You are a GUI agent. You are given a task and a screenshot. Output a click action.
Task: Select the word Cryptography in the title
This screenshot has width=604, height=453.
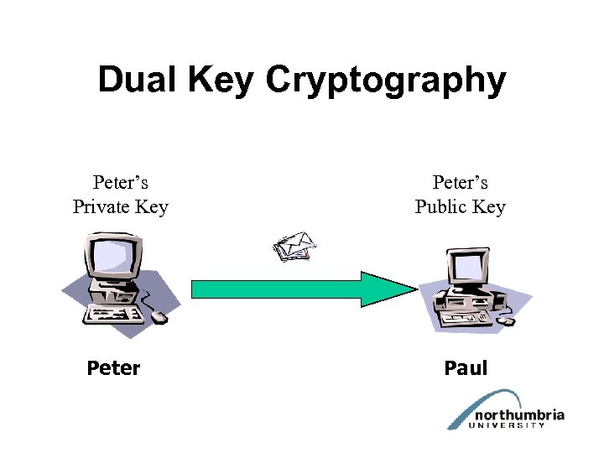[x=387, y=81]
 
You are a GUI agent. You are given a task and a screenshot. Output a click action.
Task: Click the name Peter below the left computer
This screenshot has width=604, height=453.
[x=113, y=368]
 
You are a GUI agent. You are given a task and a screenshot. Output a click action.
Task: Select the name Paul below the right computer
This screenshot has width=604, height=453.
[x=466, y=368]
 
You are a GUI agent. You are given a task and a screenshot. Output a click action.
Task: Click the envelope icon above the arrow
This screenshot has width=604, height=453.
[x=294, y=246]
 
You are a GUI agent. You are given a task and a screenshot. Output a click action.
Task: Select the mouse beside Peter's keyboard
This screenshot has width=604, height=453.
[x=159, y=317]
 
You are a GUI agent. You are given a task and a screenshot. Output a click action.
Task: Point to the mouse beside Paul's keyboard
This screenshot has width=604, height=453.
[x=506, y=320]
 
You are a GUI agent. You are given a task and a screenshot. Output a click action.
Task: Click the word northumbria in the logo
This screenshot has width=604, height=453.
[x=518, y=415]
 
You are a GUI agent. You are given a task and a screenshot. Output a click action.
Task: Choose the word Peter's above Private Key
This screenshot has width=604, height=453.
[x=121, y=182]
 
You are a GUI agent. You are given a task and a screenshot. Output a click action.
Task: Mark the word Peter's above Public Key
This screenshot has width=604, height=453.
[x=460, y=182]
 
